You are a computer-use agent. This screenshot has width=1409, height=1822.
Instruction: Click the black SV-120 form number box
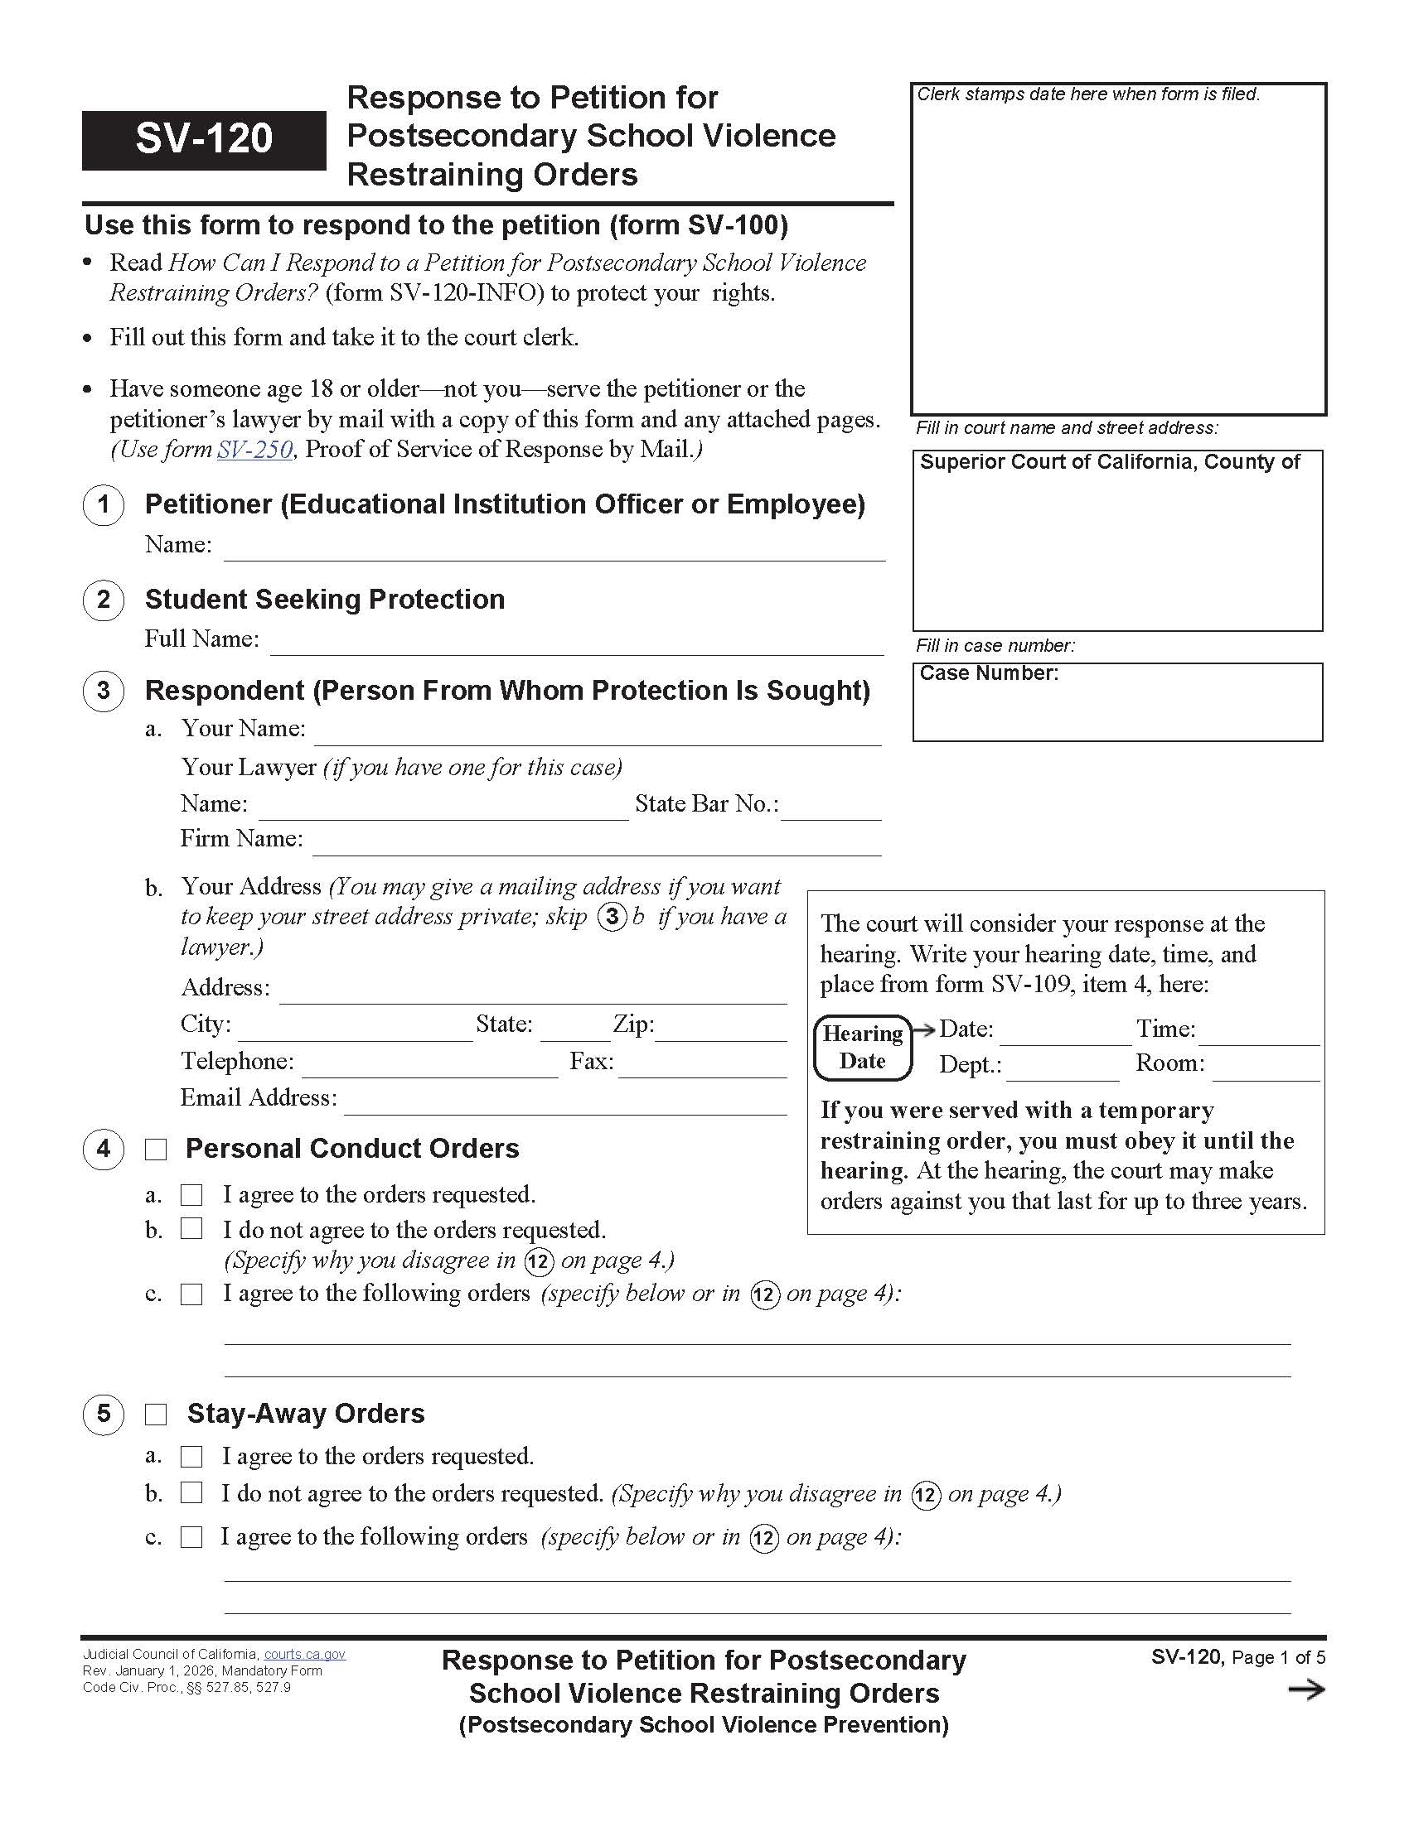point(204,139)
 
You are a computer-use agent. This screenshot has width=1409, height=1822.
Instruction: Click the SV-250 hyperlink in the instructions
point(254,450)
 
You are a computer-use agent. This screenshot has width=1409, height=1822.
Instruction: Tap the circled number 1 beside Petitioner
point(104,504)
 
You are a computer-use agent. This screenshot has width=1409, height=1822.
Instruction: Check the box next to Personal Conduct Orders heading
point(156,1150)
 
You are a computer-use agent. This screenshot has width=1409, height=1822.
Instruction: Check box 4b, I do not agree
point(192,1229)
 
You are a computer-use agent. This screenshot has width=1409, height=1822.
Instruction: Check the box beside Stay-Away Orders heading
point(156,1415)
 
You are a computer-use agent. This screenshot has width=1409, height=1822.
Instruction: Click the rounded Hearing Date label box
point(863,1048)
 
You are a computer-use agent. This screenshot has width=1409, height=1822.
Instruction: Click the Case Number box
point(1117,702)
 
